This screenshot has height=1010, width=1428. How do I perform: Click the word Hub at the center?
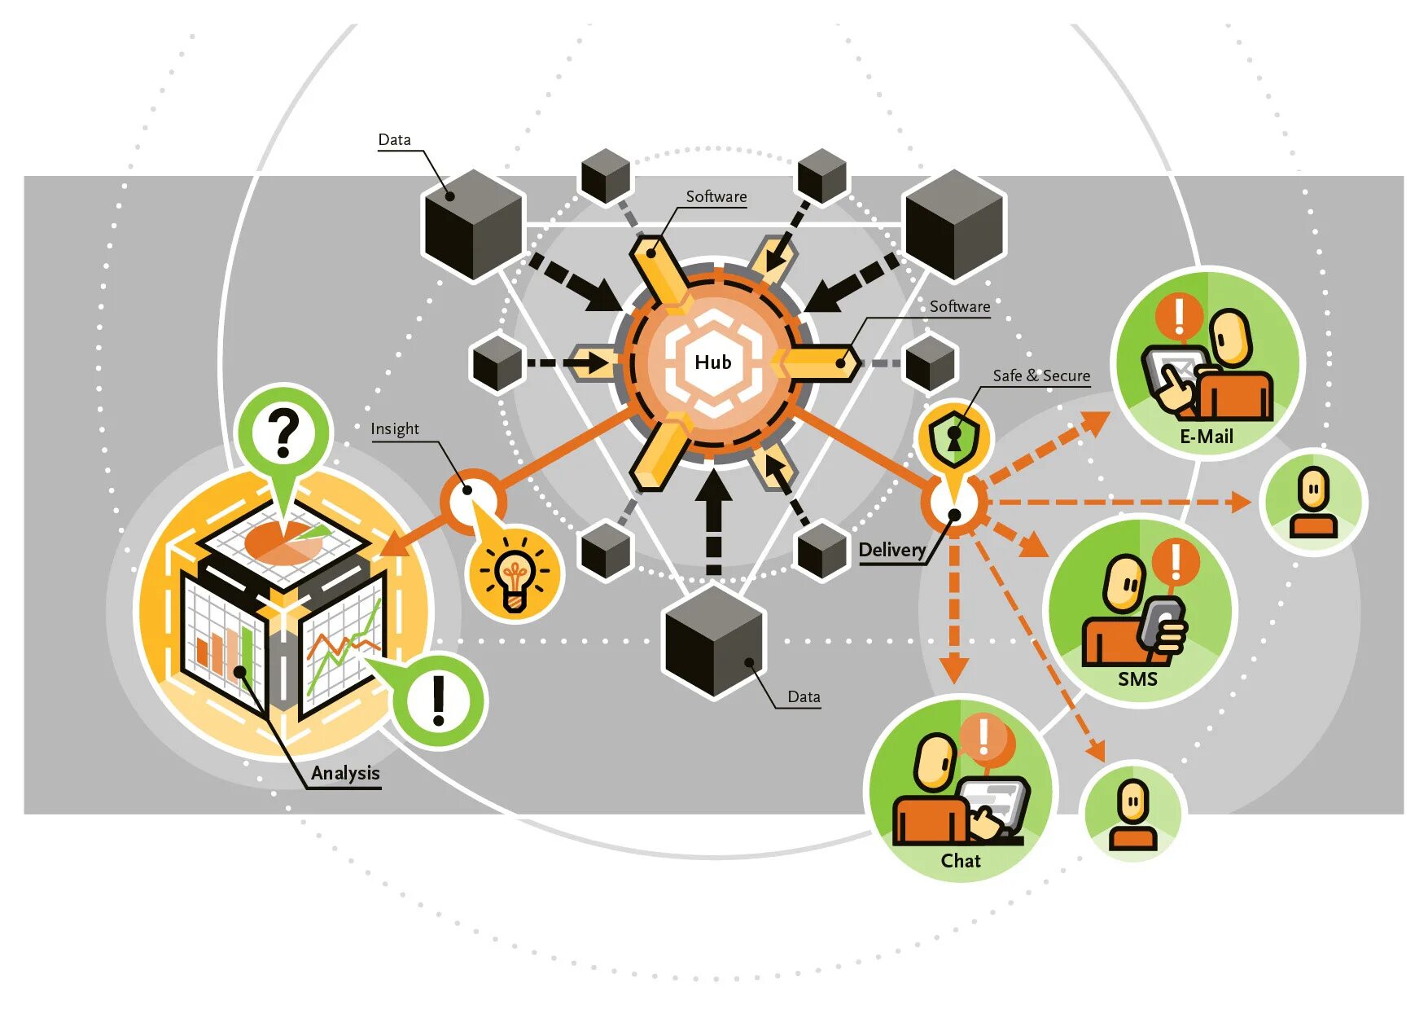pos(712,362)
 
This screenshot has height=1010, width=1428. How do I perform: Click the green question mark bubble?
pos(283,434)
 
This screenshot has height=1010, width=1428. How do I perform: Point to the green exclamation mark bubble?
pos(439,700)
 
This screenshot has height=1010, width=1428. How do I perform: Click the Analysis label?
pos(345,773)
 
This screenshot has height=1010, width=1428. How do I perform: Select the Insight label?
pos(395,428)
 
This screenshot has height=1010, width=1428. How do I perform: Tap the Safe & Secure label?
pos(1040,375)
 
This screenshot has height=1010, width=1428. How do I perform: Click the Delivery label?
pos(891,550)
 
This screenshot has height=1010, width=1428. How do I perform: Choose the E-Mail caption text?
pos(1207,437)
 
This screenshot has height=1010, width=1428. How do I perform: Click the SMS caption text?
pos(1137,678)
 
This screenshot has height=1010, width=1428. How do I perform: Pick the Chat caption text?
pos(961,860)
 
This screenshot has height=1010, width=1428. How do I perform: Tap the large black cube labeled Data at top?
pos(473,224)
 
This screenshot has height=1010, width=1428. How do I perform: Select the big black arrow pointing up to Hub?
pos(713,521)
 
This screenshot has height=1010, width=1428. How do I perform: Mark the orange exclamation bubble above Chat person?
pos(986,738)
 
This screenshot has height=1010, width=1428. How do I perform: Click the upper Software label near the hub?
pos(716,196)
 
